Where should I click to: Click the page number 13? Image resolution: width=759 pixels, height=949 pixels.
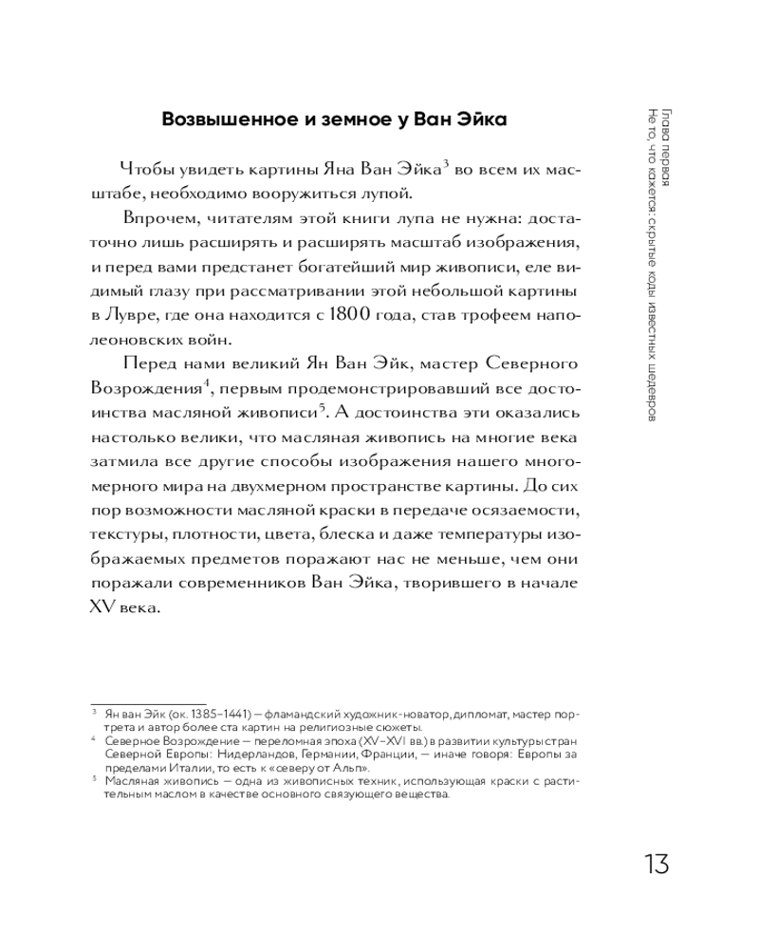pyautogui.click(x=657, y=865)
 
